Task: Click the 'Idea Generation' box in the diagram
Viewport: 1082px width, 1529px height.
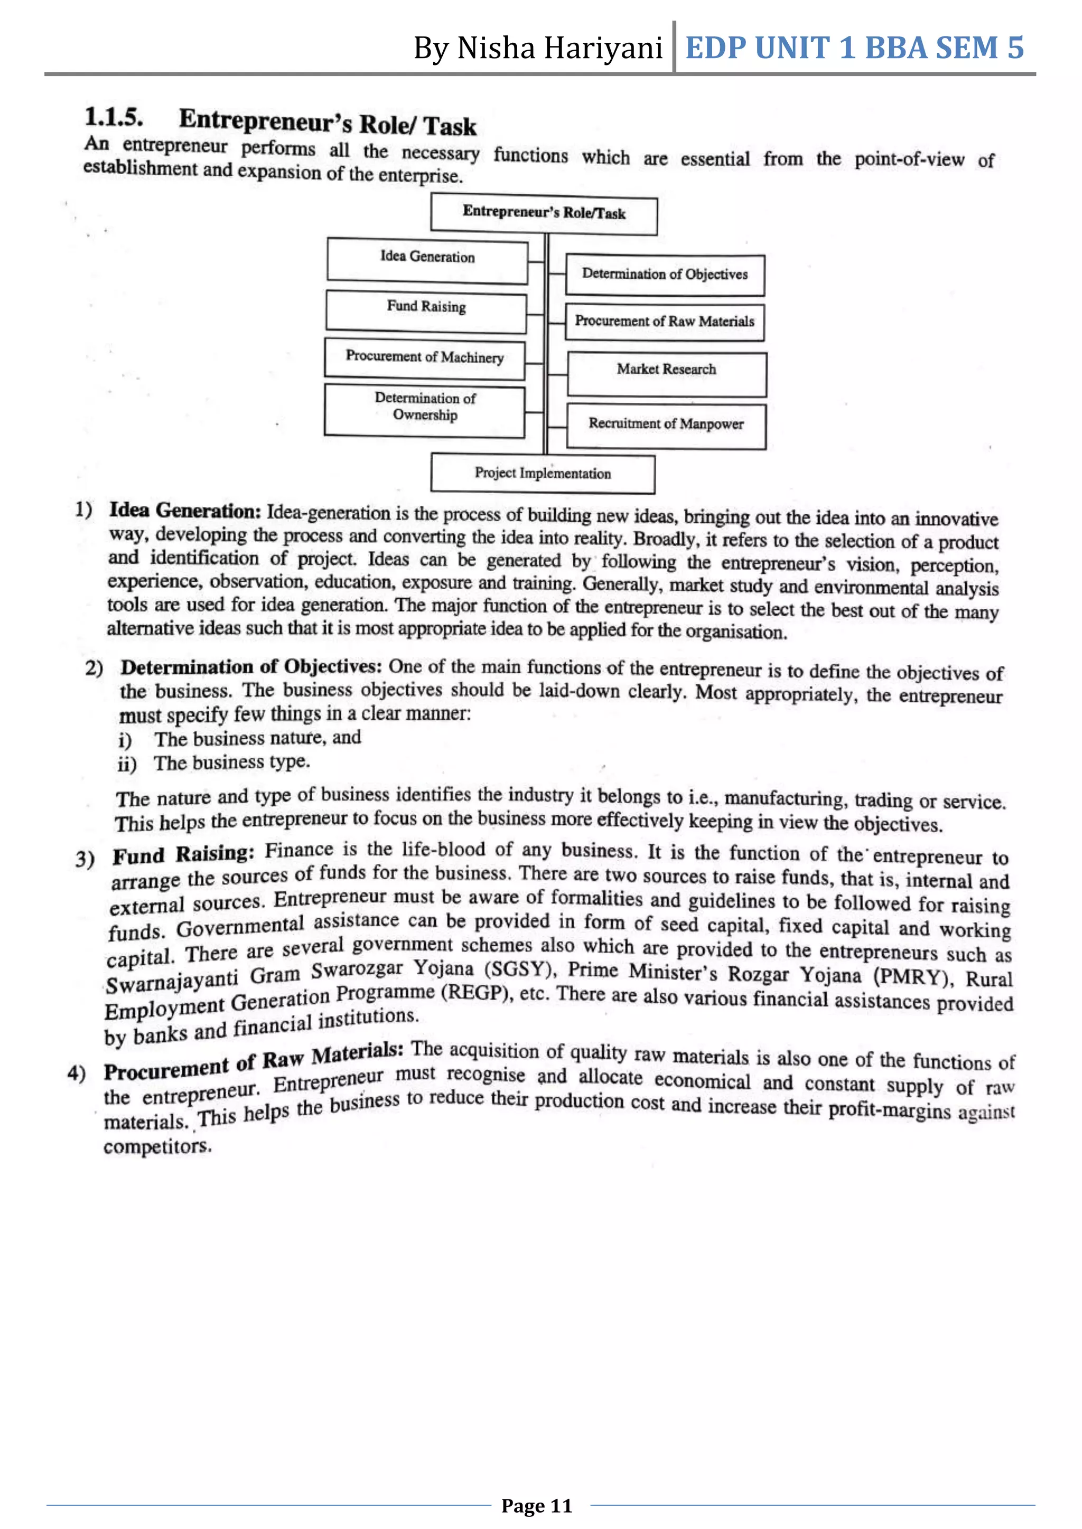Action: [x=427, y=261]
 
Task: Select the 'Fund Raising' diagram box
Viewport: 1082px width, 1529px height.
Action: [x=426, y=310]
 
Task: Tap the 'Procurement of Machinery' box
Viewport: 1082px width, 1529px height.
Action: [x=424, y=360]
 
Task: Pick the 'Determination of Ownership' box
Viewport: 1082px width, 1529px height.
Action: [x=424, y=410]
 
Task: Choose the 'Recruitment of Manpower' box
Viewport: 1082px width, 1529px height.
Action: [x=666, y=425]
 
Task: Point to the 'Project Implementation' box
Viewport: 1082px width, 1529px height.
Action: [x=543, y=474]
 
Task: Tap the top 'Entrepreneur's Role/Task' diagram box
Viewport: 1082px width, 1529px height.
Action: [x=544, y=214]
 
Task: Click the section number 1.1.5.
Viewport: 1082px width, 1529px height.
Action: [x=113, y=117]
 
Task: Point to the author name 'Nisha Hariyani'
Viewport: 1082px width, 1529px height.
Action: [x=559, y=49]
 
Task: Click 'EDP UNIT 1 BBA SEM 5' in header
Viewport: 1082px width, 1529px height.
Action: [x=854, y=48]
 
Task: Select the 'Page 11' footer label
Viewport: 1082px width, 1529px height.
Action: [x=537, y=1506]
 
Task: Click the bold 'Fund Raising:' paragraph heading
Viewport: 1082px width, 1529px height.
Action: [x=183, y=854]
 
